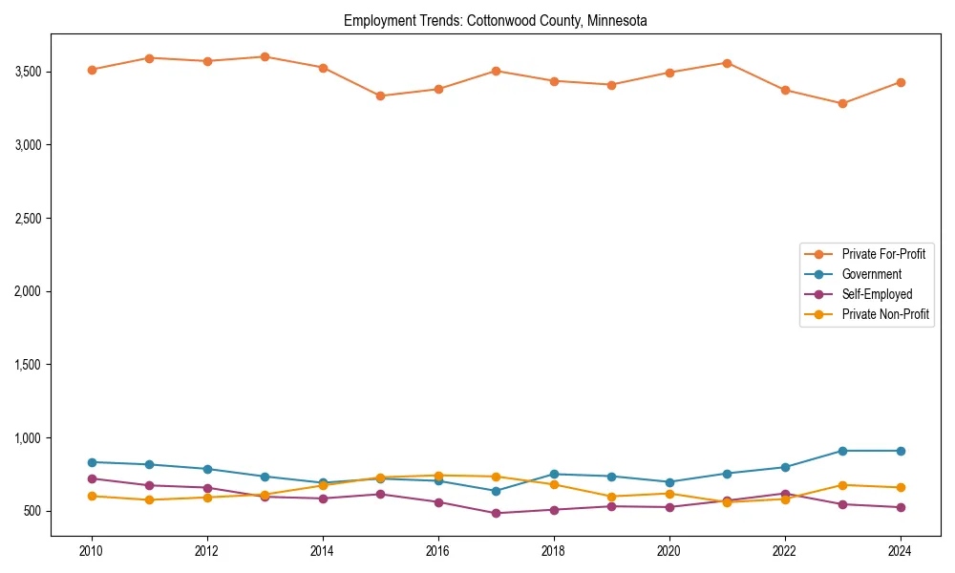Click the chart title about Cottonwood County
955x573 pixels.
coord(495,20)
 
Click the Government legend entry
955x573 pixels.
coord(871,274)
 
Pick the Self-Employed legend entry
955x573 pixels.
coord(877,294)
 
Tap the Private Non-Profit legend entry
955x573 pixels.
coord(885,314)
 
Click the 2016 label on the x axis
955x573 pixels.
coord(437,552)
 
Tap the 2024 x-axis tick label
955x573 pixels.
coord(900,552)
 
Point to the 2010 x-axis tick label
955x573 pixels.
coord(92,552)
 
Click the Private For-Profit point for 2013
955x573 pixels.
coord(265,56)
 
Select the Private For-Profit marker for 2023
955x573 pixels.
coord(842,103)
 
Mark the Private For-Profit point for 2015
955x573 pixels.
coord(380,95)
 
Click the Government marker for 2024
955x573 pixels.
coord(900,451)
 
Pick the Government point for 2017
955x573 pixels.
coord(496,491)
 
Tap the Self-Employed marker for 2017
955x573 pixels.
coord(496,513)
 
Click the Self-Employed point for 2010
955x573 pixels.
coord(92,478)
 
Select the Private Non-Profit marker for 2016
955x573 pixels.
coord(437,476)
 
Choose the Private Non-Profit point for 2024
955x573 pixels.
coord(900,488)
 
